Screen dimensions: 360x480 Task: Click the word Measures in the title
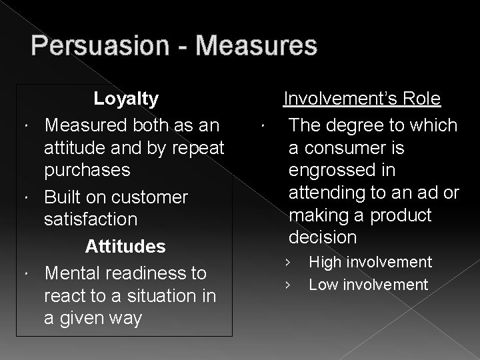click(x=257, y=47)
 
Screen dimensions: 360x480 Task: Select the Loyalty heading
click(x=126, y=99)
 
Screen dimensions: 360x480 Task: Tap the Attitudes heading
click(x=135, y=246)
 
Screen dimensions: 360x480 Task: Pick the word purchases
click(x=87, y=170)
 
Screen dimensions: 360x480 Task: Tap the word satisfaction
click(x=91, y=219)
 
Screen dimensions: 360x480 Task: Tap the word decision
click(x=323, y=237)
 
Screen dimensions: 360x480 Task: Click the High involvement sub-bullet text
click(x=370, y=263)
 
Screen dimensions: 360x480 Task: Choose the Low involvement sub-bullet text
click(x=368, y=285)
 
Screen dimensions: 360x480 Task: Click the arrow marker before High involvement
click(x=288, y=263)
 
